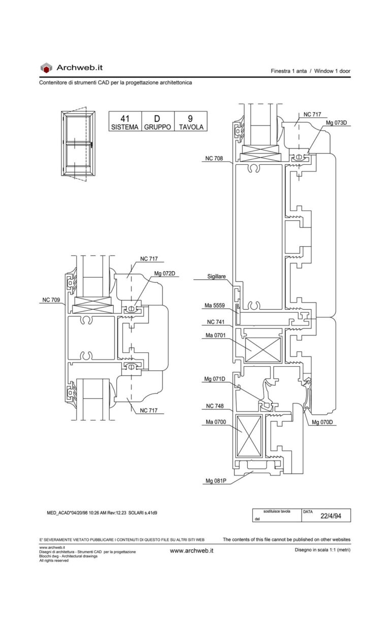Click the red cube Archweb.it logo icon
(x=46, y=68)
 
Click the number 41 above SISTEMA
(x=124, y=119)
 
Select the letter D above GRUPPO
(x=157, y=119)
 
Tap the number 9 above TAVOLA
(x=190, y=119)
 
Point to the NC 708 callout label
(x=214, y=159)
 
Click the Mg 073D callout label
(x=336, y=123)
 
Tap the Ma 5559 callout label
(x=215, y=306)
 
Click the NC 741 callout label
(x=216, y=322)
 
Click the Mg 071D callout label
(x=215, y=379)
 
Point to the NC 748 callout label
(x=215, y=406)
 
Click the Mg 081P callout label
(x=215, y=481)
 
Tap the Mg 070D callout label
(x=322, y=422)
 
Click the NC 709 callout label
(x=51, y=300)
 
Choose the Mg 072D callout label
(x=165, y=274)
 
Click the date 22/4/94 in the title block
(x=330, y=516)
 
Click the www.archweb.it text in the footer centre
(x=191, y=550)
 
